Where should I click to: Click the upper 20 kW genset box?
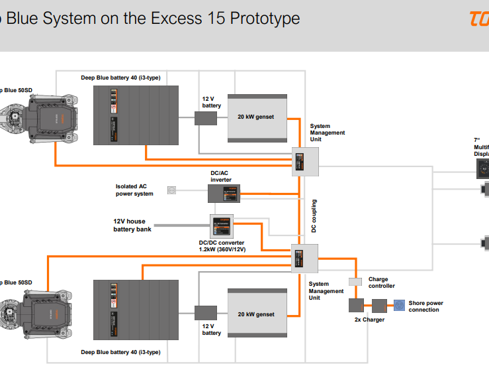click(257, 117)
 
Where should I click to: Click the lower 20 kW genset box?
click(257, 314)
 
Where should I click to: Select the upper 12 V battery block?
click(206, 119)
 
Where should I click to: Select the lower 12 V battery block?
click(206, 312)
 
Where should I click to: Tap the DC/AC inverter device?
click(224, 193)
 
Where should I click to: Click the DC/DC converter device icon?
click(223, 226)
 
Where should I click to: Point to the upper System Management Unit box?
click(306, 161)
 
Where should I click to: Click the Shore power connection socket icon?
click(400, 306)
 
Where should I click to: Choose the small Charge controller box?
click(355, 282)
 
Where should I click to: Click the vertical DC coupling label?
click(314, 215)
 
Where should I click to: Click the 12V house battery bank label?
click(132, 225)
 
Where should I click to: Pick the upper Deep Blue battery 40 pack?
click(136, 115)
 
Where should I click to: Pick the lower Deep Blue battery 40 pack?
click(136, 312)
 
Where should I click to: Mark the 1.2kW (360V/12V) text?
click(222, 249)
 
